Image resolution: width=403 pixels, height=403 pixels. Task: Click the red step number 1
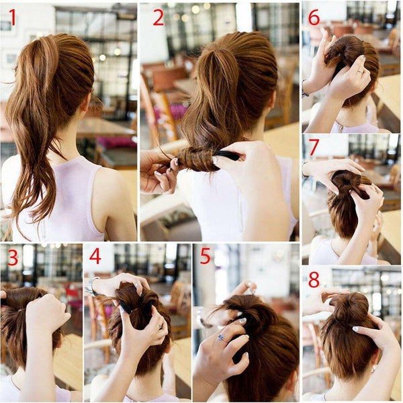[12, 17]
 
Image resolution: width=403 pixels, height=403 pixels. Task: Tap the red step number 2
[159, 17]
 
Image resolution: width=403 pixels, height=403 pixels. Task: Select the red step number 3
[13, 258]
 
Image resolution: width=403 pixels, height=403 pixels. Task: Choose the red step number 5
[205, 256]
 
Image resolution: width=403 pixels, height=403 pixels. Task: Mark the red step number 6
[314, 17]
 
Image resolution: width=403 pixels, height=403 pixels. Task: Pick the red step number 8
[314, 279]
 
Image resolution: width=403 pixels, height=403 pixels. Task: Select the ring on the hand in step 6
[360, 72]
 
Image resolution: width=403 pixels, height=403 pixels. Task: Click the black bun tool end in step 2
[229, 155]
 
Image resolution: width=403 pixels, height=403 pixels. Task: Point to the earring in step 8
[372, 370]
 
